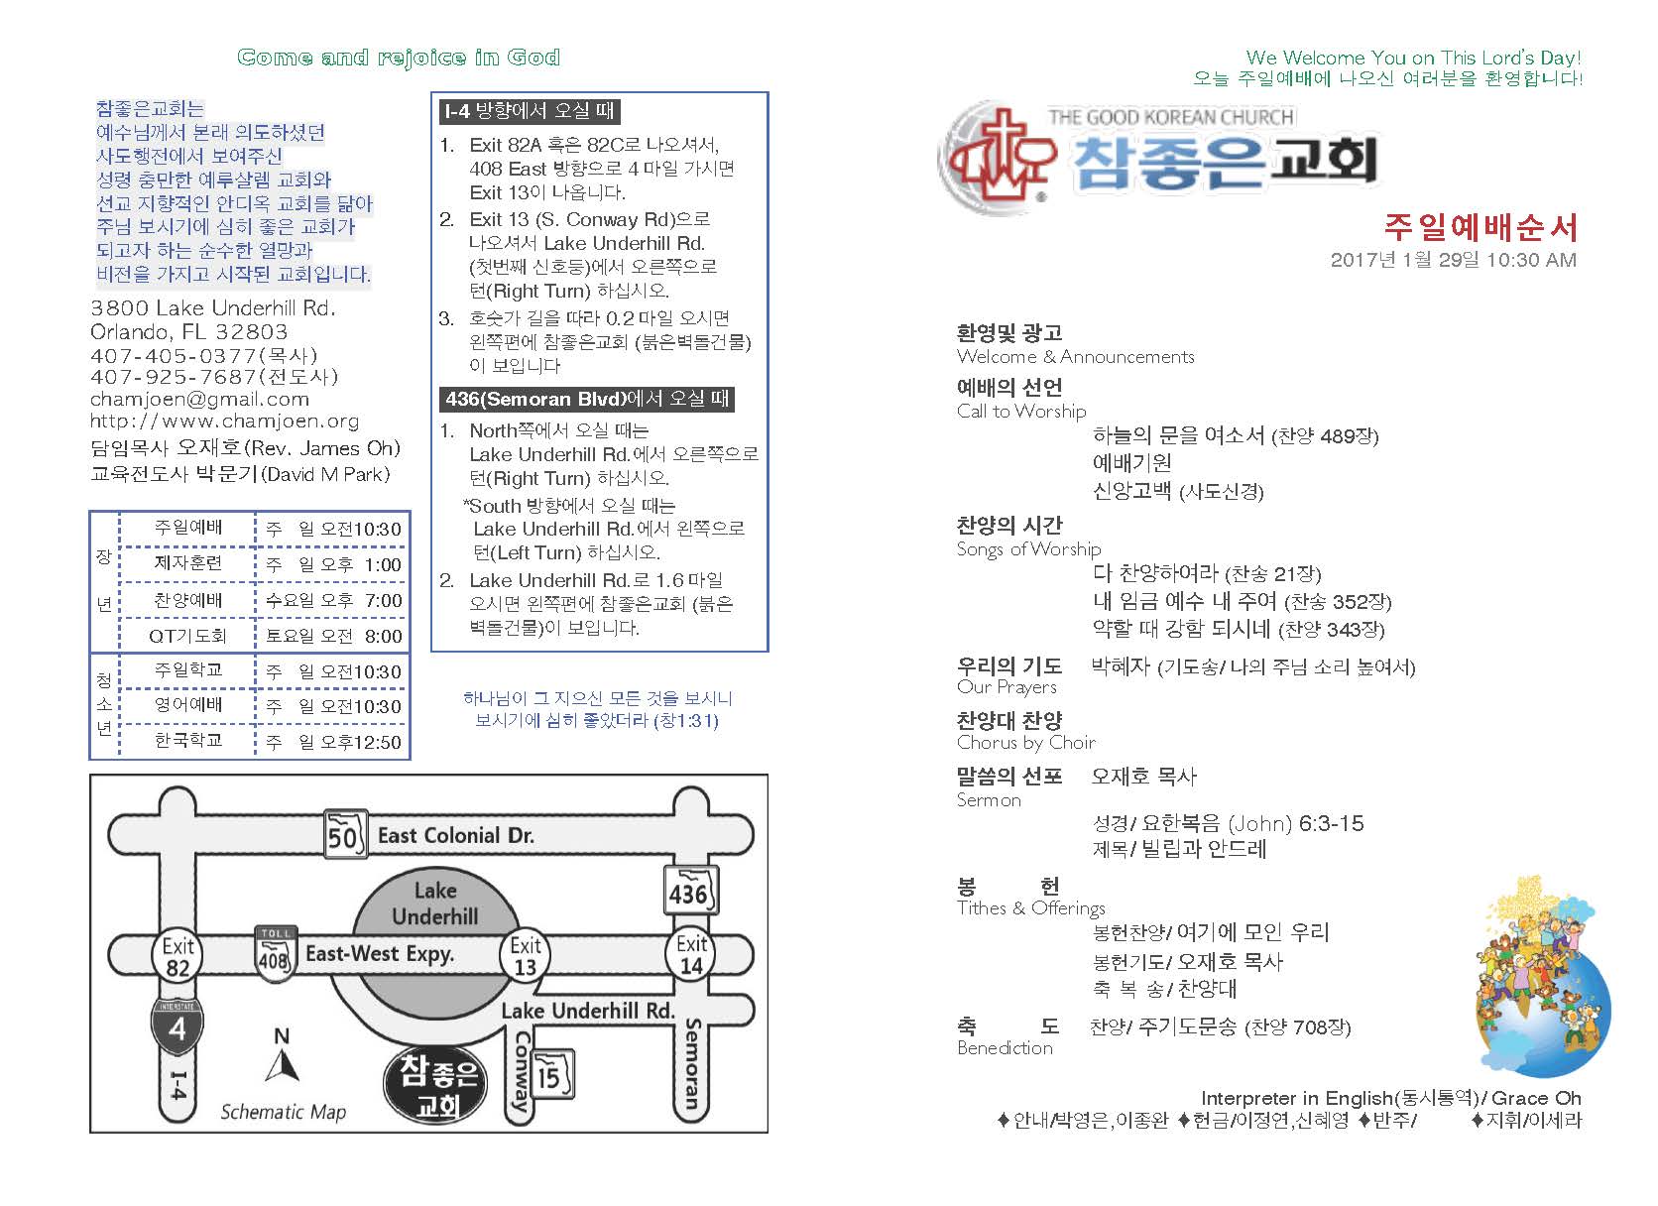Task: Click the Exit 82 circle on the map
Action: click(178, 956)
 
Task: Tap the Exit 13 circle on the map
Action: click(526, 956)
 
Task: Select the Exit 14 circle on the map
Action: click(691, 954)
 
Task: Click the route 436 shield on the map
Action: click(688, 892)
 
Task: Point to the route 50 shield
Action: click(342, 835)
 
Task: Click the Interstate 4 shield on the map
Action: click(178, 1025)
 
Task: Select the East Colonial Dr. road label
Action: click(455, 835)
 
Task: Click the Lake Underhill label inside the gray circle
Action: click(434, 904)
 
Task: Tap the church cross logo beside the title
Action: click(999, 154)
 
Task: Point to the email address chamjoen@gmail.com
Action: click(199, 399)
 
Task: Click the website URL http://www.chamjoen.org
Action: click(224, 421)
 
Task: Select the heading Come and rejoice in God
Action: click(399, 58)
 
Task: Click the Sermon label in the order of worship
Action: click(989, 800)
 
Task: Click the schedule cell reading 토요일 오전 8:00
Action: click(333, 636)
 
